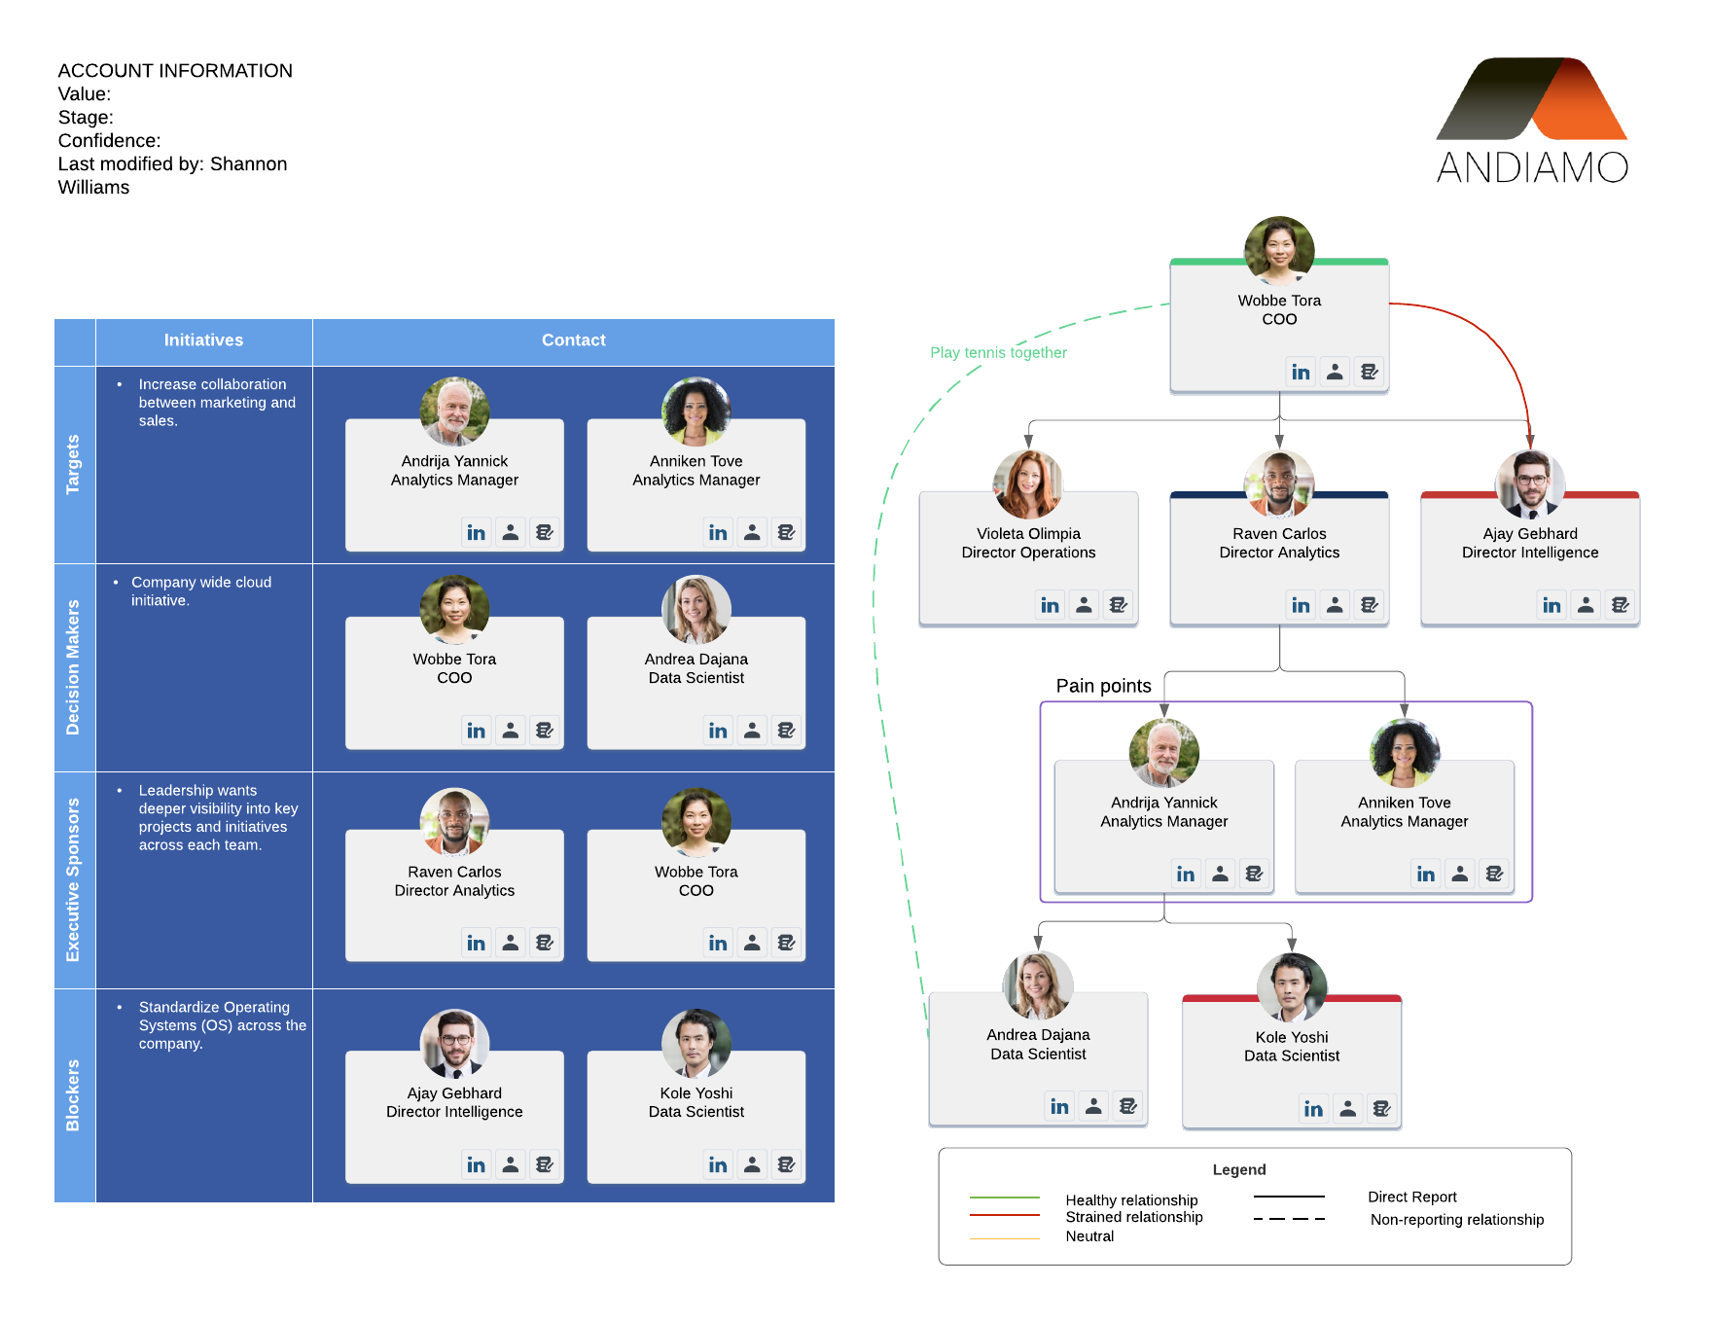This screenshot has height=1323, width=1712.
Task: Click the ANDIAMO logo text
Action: click(x=1532, y=167)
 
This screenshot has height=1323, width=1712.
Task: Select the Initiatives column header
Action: click(x=203, y=340)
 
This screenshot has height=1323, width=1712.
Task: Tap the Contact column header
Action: click(x=573, y=340)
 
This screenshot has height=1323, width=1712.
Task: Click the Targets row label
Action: click(x=73, y=464)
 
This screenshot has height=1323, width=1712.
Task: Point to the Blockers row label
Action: click(x=73, y=1094)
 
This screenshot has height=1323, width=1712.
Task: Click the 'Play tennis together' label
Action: click(x=998, y=352)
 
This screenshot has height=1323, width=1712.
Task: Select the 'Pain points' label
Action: click(x=1103, y=686)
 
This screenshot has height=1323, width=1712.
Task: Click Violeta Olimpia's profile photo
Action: click(x=1028, y=483)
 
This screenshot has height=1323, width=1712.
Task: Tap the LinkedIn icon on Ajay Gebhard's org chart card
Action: click(x=1551, y=605)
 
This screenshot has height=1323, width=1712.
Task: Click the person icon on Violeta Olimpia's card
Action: click(x=1084, y=605)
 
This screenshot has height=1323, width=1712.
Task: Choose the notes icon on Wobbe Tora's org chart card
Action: click(x=1369, y=372)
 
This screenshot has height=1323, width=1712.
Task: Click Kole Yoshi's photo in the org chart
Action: click(x=1292, y=987)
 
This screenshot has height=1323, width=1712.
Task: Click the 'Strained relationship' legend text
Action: click(x=1133, y=1217)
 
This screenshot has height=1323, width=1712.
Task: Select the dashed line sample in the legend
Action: click(x=1289, y=1219)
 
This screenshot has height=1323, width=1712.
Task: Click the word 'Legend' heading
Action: click(x=1238, y=1169)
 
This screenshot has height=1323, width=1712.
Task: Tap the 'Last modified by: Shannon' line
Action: click(x=172, y=164)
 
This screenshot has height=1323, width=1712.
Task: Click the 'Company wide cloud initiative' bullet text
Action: click(x=200, y=590)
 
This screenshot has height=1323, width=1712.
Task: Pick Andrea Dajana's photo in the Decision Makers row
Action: click(x=696, y=610)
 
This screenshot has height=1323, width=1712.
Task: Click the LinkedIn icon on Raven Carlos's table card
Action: click(x=476, y=943)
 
